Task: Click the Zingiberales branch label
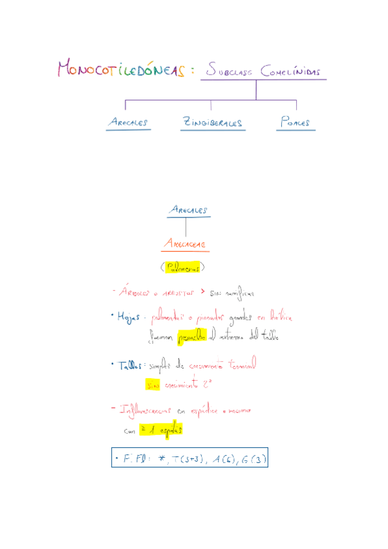212,122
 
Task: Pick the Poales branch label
295,122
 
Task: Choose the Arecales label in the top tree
128,122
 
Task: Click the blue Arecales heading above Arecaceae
187,210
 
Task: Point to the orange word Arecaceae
185,244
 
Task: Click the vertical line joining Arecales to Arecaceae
186,227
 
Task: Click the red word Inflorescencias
145,410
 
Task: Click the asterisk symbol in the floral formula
161,459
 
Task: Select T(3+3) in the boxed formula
188,460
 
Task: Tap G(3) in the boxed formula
255,460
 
